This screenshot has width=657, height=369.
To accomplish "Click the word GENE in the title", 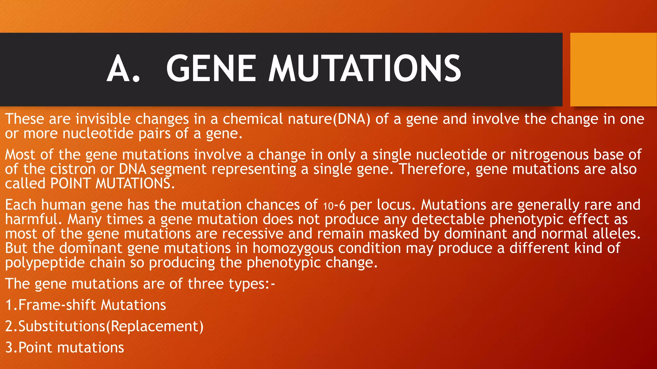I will pos(211,69).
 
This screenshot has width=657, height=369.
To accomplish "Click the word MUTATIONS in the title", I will pos(364,69).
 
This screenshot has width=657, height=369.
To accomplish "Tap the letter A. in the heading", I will pos(123,69).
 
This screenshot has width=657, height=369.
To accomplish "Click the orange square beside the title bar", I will pos(613,70).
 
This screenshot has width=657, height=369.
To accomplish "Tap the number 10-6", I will pos(334,205).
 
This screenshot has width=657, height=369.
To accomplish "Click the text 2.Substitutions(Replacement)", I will pos(104,326).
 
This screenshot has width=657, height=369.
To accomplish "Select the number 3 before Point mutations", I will pos(9,348).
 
